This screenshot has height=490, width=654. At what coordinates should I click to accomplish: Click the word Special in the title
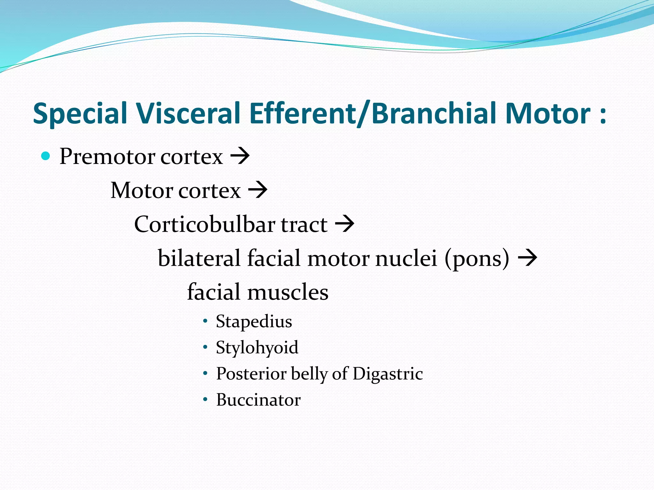pos(80,114)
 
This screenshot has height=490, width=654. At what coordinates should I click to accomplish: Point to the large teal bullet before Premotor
pos(46,156)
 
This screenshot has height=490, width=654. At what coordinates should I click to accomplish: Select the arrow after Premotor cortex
pos(240,156)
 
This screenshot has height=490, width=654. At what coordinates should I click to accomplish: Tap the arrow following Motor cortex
pos(258,190)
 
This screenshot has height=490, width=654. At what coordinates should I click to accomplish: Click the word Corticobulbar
pos(204,224)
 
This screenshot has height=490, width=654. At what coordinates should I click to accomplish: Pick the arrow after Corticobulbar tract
pos(345,224)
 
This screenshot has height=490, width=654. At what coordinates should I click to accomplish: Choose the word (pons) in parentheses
pos(477,258)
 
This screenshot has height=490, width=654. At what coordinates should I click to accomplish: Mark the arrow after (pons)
pos(528,258)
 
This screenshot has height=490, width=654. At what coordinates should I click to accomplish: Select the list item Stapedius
pos(254,321)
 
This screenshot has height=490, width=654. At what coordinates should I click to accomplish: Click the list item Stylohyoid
pos(257,348)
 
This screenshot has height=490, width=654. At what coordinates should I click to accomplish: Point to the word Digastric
pos(388,374)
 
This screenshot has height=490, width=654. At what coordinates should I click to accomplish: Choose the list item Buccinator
pos(258,400)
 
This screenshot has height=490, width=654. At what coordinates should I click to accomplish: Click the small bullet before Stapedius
pos(205,321)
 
